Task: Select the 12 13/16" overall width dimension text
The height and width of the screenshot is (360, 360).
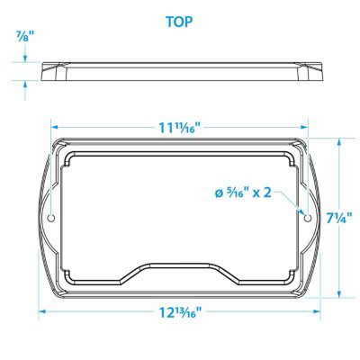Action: point(179,313)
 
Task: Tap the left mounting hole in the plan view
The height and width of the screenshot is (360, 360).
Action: point(51,219)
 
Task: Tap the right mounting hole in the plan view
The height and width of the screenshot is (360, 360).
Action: point(308,219)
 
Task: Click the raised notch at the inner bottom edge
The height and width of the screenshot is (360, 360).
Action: point(179,270)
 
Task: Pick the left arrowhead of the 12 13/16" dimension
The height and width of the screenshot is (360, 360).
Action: point(40,312)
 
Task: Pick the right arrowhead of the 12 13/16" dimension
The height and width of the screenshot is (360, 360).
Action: point(319,312)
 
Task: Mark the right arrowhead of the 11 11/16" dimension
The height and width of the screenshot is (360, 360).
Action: point(305,128)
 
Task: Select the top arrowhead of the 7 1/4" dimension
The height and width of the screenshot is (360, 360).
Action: point(339,142)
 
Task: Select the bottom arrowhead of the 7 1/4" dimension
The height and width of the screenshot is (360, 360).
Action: point(339,294)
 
